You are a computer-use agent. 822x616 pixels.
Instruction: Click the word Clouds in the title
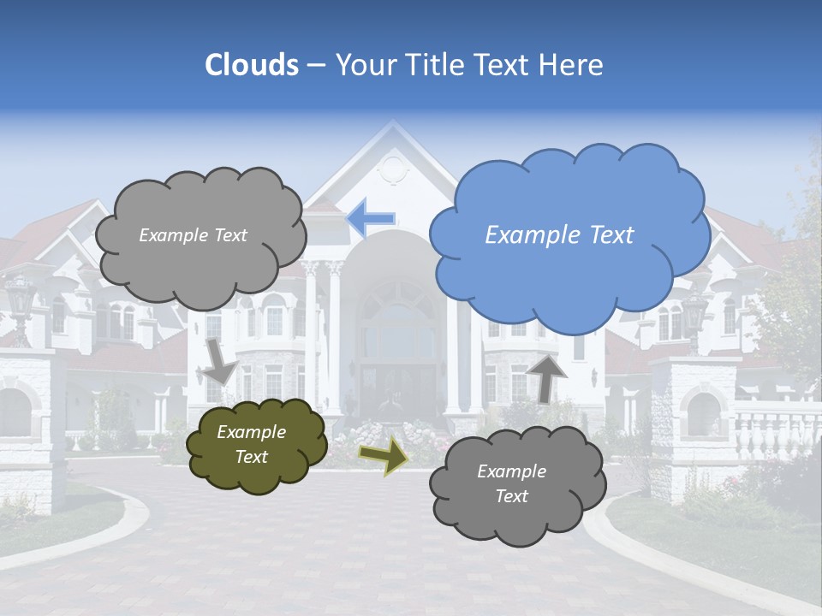coord(252,65)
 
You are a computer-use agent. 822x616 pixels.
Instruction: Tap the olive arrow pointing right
coord(383,455)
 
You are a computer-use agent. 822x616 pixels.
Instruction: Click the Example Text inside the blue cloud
coord(559,235)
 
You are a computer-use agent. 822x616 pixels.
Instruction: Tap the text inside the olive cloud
coord(251,445)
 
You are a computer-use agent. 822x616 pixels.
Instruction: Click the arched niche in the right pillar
coord(703,415)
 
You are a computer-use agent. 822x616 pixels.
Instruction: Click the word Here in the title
coord(573,65)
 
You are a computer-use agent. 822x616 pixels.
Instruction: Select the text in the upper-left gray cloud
coord(193,235)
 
